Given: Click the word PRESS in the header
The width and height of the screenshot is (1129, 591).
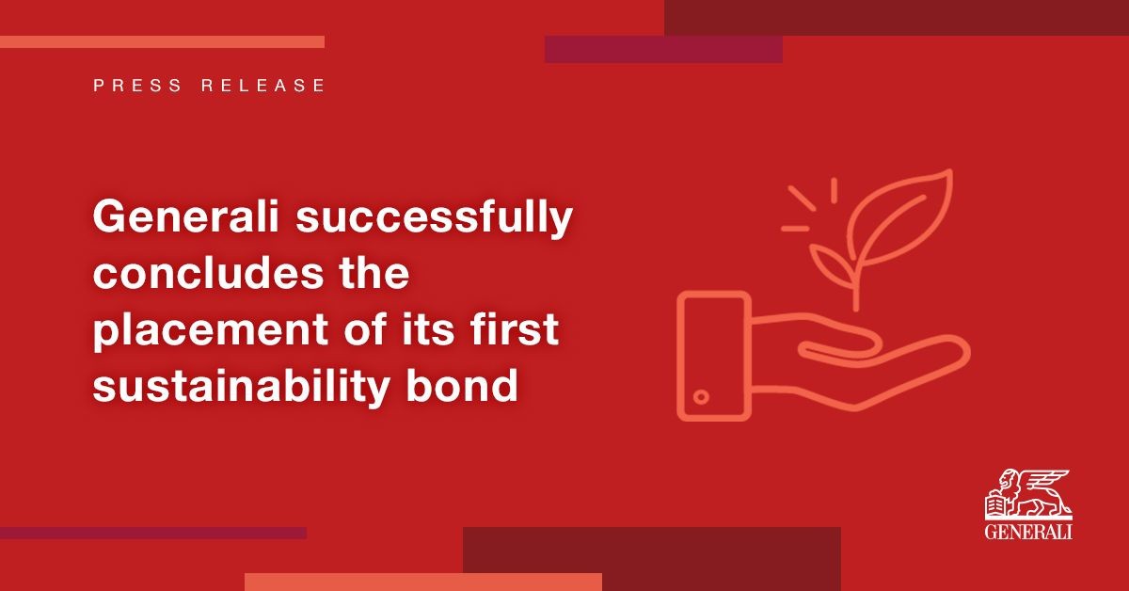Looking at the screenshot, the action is [x=137, y=86].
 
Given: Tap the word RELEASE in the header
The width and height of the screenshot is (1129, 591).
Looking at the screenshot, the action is [x=262, y=86].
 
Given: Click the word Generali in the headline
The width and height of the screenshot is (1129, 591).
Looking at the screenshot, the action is [x=185, y=217].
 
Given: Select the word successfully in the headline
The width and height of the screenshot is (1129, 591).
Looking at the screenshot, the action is [x=434, y=219].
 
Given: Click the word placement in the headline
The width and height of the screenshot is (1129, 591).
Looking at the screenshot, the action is [x=211, y=331].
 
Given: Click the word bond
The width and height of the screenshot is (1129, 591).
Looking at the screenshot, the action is [x=462, y=385].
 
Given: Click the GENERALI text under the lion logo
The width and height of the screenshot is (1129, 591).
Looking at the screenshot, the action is [x=1028, y=532].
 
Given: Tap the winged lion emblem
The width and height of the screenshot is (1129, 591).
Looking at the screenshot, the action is [x=1028, y=494].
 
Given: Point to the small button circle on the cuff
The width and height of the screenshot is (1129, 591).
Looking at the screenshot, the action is [x=701, y=397].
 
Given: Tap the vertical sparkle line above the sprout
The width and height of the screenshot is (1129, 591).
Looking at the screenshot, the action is [x=835, y=190].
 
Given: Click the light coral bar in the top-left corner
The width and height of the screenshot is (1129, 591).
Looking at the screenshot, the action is [x=162, y=41].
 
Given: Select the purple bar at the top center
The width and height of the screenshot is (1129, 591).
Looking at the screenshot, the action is [x=664, y=50].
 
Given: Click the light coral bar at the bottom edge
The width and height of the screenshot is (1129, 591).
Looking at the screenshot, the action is [x=423, y=582].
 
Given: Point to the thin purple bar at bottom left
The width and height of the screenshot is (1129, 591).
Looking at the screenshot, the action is [x=153, y=533].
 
